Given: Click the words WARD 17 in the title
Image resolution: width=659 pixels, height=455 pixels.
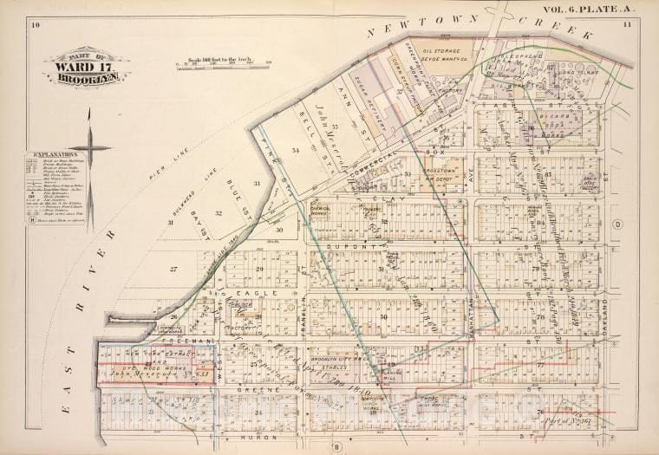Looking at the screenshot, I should coord(76,66).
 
